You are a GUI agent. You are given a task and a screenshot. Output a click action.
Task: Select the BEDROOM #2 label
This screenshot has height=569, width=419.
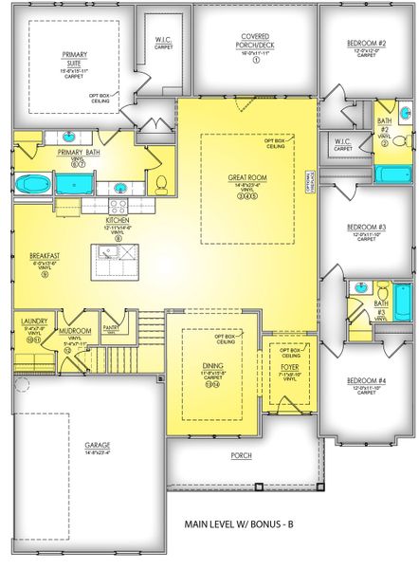(366, 44)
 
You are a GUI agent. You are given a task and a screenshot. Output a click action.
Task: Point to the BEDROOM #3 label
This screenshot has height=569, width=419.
(366, 228)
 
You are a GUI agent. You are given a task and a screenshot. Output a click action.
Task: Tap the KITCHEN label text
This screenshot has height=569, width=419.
(119, 219)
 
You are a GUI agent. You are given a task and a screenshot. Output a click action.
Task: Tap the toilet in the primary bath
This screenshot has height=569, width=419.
(160, 182)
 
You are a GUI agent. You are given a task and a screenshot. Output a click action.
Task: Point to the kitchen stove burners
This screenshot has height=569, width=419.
(119, 202)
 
